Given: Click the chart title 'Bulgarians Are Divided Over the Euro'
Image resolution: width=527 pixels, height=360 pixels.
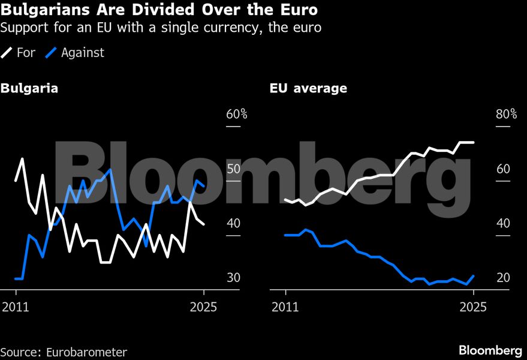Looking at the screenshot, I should coord(159,11).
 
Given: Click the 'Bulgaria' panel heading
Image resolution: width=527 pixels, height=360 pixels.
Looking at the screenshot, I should coord(29,89).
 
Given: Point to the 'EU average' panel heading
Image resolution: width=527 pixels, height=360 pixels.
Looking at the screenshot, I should coord(308,89).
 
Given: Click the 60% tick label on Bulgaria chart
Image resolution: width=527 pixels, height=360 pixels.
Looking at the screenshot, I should coord(236,115).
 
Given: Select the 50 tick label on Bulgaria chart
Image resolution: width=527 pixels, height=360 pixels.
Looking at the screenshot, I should coord(233,169).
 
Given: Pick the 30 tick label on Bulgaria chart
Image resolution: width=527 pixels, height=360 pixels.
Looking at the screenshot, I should coord(233,278).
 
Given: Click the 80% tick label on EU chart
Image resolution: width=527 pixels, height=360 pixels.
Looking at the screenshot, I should coord(506,115).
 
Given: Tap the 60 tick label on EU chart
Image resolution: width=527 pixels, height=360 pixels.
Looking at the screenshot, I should coord(503,169).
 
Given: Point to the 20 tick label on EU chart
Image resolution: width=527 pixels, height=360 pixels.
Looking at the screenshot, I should coord(503,278).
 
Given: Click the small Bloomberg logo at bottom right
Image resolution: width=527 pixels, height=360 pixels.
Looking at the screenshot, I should coord(490,350).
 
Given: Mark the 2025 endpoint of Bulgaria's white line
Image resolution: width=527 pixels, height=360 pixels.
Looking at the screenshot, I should coord(204,224).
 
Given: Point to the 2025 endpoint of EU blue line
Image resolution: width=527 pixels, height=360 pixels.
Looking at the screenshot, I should coord(474,276).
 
